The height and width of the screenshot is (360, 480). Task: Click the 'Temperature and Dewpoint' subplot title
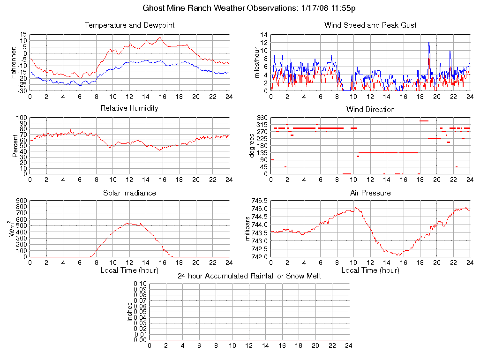pyautogui.click(x=129, y=25)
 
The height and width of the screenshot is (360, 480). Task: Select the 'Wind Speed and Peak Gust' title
pyautogui.click(x=370, y=25)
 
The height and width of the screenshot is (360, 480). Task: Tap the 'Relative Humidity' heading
pyautogui.click(x=129, y=108)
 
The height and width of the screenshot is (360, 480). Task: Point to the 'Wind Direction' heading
pyautogui.click(x=370, y=110)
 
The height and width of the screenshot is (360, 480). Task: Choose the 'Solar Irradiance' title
pyautogui.click(x=129, y=193)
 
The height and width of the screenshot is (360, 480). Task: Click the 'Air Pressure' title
pyautogui.click(x=370, y=193)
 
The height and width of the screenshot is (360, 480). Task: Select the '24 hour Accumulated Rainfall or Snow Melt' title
pyautogui.click(x=249, y=276)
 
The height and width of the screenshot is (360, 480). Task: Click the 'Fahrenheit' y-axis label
pyautogui.click(x=14, y=62)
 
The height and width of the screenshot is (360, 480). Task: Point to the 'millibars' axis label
pyautogui.click(x=248, y=228)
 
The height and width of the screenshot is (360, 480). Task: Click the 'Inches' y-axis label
pyautogui.click(x=130, y=312)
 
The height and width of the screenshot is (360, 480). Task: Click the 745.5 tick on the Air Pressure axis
pyautogui.click(x=259, y=201)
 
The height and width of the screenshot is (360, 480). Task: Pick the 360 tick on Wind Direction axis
pyautogui.click(x=262, y=118)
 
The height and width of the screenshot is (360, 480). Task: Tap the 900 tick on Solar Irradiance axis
pyautogui.click(x=22, y=201)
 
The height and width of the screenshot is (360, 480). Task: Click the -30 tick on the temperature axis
pyautogui.click(x=21, y=90)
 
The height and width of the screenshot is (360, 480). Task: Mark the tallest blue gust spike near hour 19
pyautogui.click(x=428, y=43)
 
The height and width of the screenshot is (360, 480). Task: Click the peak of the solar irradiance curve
pyautogui.click(x=127, y=223)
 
